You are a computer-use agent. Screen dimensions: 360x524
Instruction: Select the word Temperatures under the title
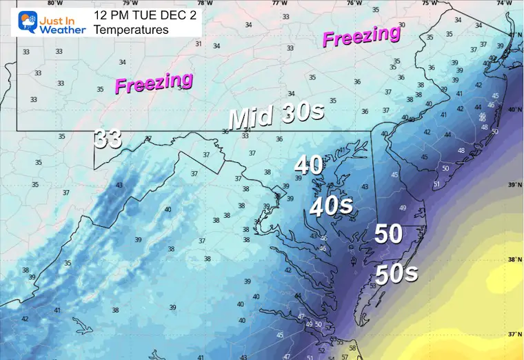click(130, 29)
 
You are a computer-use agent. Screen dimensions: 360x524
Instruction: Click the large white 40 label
click(309, 165)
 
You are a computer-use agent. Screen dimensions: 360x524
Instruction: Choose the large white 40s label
click(331, 206)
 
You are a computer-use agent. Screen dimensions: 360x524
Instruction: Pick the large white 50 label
click(388, 234)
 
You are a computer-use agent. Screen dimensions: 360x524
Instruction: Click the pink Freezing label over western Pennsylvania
click(153, 83)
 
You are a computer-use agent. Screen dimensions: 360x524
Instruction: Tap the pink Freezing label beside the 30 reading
click(362, 37)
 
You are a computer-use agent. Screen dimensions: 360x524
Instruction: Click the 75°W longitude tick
click(430, 3)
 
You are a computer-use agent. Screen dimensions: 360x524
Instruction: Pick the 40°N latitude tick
click(514, 109)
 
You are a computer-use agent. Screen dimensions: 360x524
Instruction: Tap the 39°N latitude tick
click(514, 185)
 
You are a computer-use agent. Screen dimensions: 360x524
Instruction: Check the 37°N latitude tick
click(514, 334)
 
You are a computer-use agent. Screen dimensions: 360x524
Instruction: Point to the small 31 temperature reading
click(199, 44)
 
